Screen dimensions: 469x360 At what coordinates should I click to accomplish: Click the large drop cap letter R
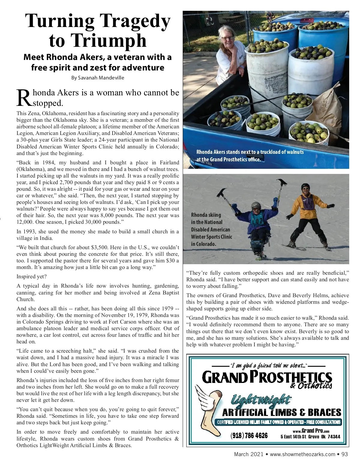point(23,97)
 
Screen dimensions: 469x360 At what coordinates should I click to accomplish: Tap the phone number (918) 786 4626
point(249,435)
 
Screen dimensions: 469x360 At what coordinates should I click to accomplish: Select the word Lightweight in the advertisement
point(260,400)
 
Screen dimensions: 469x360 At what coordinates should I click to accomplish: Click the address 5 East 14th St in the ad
point(293,437)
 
